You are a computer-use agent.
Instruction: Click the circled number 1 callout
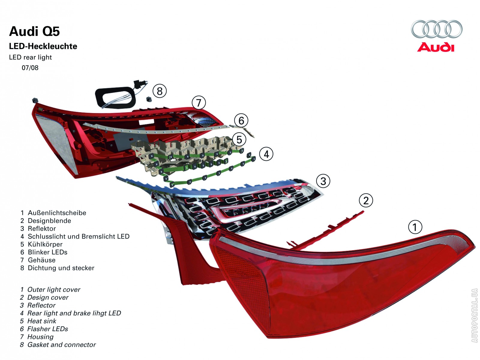(x=415, y=227)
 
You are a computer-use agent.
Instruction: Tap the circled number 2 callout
(x=366, y=200)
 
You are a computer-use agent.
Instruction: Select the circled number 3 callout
(x=323, y=181)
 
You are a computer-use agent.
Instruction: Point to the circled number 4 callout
(x=266, y=154)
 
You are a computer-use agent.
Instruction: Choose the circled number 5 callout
(x=239, y=139)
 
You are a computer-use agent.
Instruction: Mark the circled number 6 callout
(x=241, y=121)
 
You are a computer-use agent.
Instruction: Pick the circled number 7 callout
(x=199, y=103)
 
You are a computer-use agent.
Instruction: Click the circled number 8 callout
(x=160, y=91)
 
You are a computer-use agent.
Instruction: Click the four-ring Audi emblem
(x=436, y=29)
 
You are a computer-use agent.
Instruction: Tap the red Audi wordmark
(x=436, y=47)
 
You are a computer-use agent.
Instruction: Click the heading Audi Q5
(x=34, y=31)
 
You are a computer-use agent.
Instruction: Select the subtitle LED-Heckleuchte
(x=43, y=46)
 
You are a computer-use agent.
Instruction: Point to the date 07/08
(x=30, y=68)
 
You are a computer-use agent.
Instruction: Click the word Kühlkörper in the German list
(x=45, y=244)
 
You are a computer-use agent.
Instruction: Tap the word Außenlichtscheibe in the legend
(x=57, y=213)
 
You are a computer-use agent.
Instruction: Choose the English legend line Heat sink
(x=41, y=321)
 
